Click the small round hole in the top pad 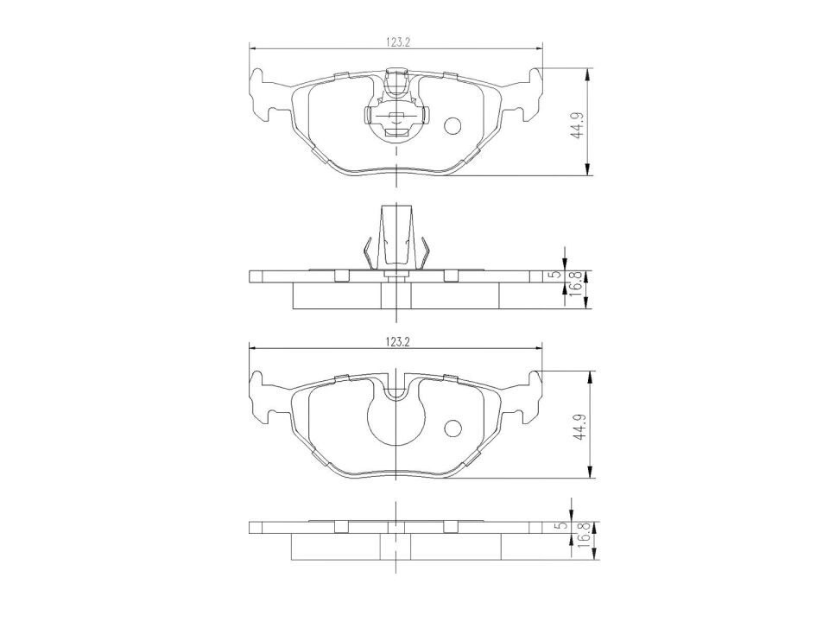(x=453, y=127)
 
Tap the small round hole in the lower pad (x=453, y=428)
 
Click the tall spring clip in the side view (x=396, y=238)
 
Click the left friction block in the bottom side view (x=337, y=545)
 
